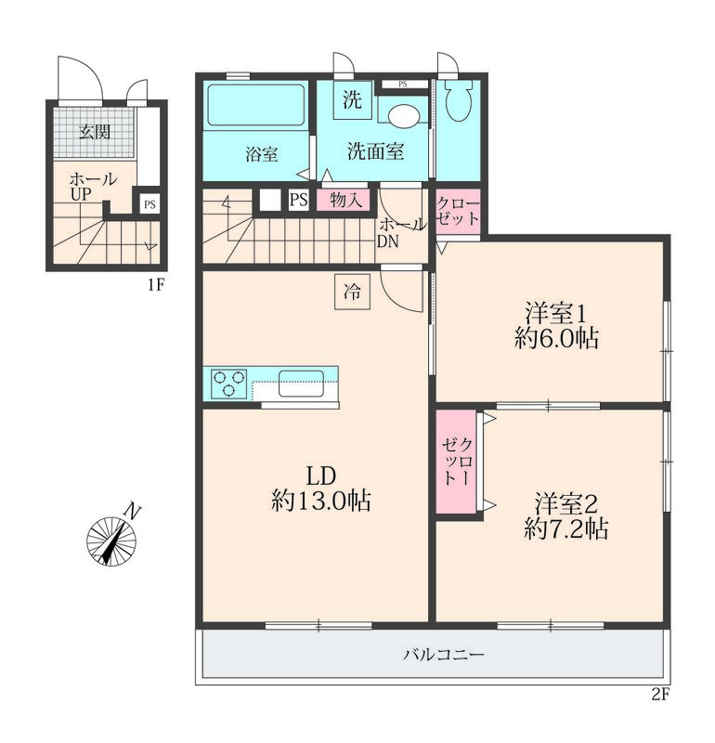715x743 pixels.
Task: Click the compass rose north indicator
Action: pyautogui.click(x=111, y=541)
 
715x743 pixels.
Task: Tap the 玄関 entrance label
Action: pyautogui.click(x=95, y=132)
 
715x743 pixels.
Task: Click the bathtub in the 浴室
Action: pyautogui.click(x=256, y=105)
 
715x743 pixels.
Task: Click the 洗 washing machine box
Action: pyautogui.click(x=353, y=100)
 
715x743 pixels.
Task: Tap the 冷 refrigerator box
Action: pyautogui.click(x=352, y=292)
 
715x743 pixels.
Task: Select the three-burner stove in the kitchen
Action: pyautogui.click(x=229, y=384)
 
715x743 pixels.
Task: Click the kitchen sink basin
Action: pyautogui.click(x=302, y=384)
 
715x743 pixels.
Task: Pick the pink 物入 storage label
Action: pyautogui.click(x=346, y=200)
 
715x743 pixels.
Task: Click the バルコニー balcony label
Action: pyautogui.click(x=444, y=656)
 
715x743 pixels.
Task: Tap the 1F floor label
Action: pyautogui.click(x=155, y=285)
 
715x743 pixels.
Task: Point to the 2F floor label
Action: pyautogui.click(x=660, y=695)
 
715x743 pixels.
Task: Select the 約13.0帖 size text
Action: pyautogui.click(x=320, y=501)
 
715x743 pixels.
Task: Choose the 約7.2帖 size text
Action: pyautogui.click(x=566, y=528)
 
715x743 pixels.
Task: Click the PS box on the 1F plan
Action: pyautogui.click(x=149, y=204)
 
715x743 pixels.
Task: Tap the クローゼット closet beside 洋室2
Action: pyautogui.click(x=457, y=462)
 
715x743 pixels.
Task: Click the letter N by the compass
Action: pyautogui.click(x=132, y=512)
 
